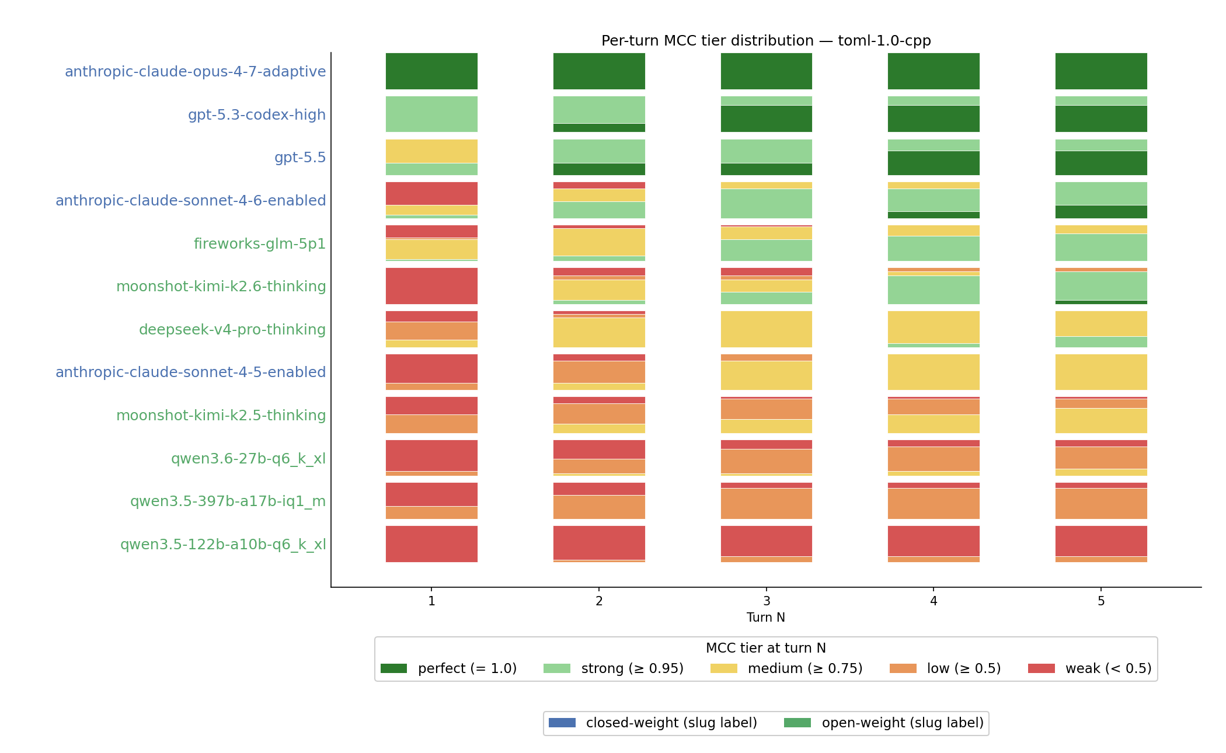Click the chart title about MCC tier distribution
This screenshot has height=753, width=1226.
click(766, 41)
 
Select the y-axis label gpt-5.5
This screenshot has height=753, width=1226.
click(300, 158)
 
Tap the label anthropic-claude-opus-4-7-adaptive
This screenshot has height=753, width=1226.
click(195, 72)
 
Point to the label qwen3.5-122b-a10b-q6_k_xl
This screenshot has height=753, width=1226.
click(223, 545)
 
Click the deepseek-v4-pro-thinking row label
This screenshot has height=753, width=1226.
click(232, 330)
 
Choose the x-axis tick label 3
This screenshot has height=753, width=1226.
click(767, 601)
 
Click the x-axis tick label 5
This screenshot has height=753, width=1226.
click(1101, 601)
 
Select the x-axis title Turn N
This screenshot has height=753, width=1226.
click(766, 618)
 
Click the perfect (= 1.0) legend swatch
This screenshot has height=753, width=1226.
click(393, 668)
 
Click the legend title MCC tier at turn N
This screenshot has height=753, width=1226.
click(766, 648)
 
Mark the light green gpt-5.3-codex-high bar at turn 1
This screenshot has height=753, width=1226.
click(431, 114)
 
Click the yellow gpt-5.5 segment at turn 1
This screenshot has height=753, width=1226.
click(431, 151)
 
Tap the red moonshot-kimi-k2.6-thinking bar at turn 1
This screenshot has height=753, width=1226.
click(431, 286)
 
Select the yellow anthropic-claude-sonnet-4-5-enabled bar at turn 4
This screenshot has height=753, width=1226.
click(934, 372)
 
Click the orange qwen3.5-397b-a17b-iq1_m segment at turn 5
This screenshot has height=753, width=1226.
click(1101, 503)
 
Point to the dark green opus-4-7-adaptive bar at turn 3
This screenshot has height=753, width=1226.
click(767, 71)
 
